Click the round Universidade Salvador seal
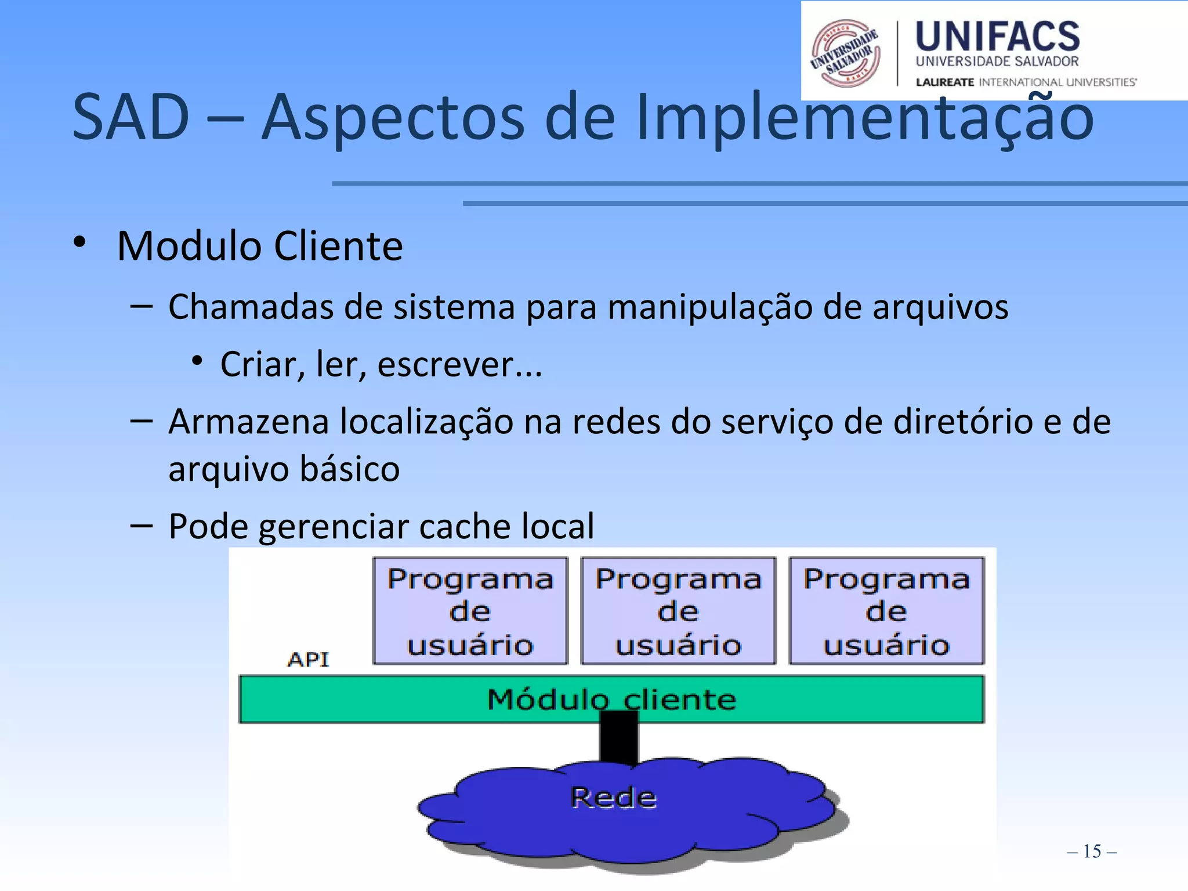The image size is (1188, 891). (x=846, y=53)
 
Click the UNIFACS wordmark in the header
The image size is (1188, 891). (x=997, y=37)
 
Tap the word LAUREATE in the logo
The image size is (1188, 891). (x=944, y=82)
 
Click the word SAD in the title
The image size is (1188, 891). (x=131, y=117)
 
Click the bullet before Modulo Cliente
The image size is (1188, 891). (x=80, y=242)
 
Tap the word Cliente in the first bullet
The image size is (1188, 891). (x=338, y=247)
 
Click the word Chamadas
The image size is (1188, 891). (x=251, y=306)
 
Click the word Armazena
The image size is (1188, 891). (x=248, y=422)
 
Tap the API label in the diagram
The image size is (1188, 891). (x=308, y=660)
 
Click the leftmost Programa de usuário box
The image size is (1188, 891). (x=470, y=611)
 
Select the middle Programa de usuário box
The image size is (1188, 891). (x=678, y=611)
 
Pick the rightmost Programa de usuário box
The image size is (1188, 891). (x=886, y=611)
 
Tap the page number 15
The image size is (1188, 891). (x=1092, y=852)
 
